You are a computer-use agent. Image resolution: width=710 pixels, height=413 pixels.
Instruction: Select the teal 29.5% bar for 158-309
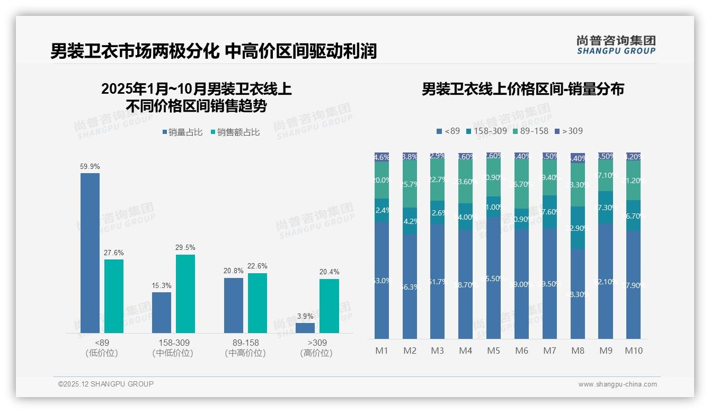(x=185, y=294)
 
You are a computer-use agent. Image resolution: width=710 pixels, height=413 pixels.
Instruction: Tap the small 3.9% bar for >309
(x=305, y=328)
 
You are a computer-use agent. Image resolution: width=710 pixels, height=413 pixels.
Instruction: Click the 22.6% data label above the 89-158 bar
(x=258, y=266)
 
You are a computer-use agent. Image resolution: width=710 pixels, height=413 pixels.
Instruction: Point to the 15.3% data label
(x=162, y=285)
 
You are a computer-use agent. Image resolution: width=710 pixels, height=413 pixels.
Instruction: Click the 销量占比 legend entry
(x=182, y=132)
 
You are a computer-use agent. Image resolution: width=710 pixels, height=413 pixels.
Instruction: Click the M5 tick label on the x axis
(x=493, y=351)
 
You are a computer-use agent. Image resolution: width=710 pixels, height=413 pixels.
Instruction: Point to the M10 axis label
(x=634, y=351)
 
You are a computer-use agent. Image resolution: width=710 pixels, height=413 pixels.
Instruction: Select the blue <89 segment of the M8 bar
(x=578, y=294)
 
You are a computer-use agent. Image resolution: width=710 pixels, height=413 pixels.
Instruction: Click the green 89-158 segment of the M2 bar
(x=410, y=184)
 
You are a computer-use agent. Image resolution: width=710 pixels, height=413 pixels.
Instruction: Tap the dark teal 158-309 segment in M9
(x=606, y=207)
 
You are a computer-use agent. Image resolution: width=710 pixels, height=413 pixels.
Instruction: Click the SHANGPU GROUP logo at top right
(x=616, y=44)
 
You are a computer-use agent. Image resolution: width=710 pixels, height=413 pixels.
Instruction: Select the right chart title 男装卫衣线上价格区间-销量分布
(x=522, y=89)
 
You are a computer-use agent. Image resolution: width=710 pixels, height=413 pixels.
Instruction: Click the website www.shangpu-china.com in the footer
(x=617, y=384)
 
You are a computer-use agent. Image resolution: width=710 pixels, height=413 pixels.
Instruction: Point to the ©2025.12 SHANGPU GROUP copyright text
(x=106, y=384)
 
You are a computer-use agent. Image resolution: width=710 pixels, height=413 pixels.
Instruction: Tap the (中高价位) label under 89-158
(x=245, y=353)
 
